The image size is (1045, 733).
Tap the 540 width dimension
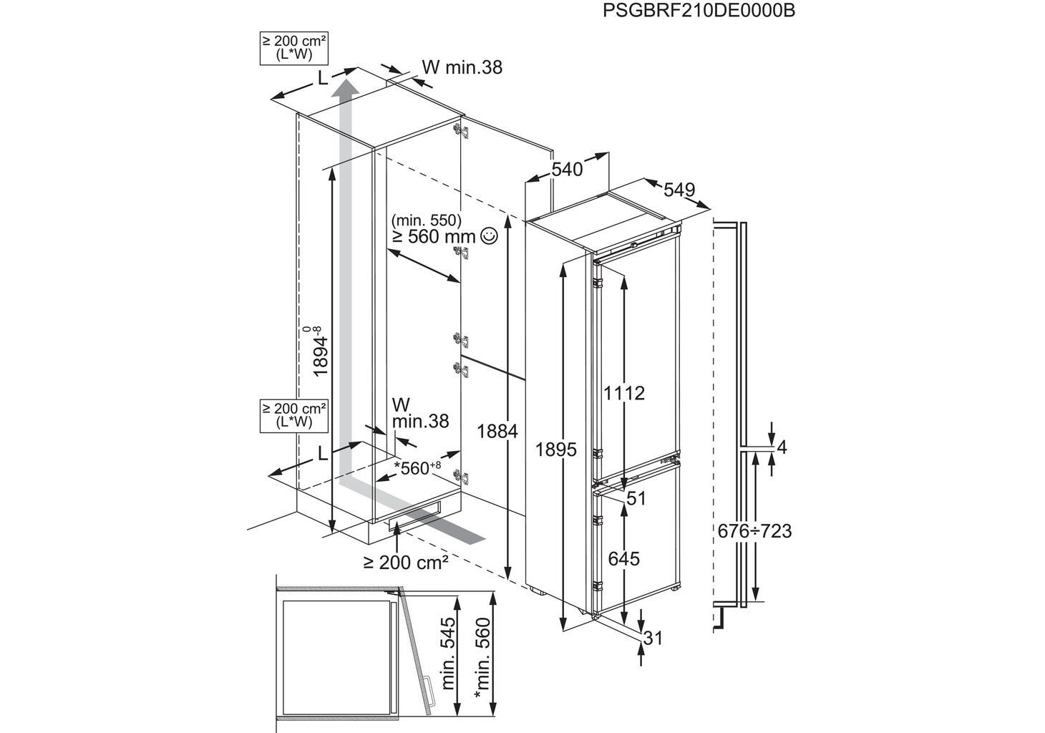coord(567,169)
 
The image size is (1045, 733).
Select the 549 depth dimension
coord(679,190)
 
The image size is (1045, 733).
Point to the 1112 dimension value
coord(623,393)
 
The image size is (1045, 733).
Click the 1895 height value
coord(555,450)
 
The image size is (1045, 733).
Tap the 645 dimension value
coord(623,558)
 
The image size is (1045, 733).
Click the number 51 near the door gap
coord(636,498)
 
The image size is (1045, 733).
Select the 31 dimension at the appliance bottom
coord(653,639)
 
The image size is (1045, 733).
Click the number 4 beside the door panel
coord(782,448)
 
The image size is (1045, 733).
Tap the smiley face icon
coord(489,236)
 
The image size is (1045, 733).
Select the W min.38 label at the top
coord(462,67)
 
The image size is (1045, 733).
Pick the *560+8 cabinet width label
coord(417,469)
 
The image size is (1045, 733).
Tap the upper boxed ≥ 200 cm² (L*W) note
coord(294,47)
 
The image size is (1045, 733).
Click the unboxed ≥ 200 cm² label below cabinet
coord(405,563)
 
